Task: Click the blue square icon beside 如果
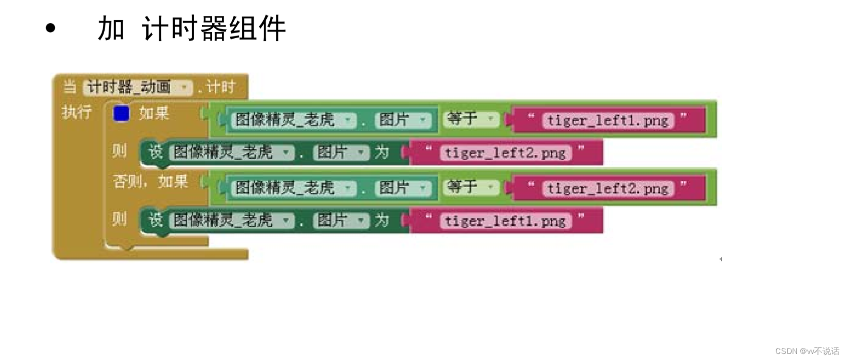pyautogui.click(x=121, y=113)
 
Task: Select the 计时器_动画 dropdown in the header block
pyautogui.click(x=138, y=87)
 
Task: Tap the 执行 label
pyautogui.click(x=77, y=112)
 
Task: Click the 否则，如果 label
pyautogui.click(x=150, y=181)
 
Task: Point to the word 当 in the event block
pyautogui.click(x=70, y=87)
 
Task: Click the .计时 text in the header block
pyautogui.click(x=216, y=87)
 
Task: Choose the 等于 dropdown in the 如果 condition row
pyautogui.click(x=471, y=119)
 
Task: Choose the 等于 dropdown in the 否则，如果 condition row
pyautogui.click(x=471, y=187)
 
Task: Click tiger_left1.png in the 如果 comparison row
pyautogui.click(x=608, y=120)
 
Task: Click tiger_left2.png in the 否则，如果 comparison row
pyautogui.click(x=608, y=188)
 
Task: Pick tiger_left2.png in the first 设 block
pyautogui.click(x=505, y=152)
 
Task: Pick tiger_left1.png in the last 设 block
pyautogui.click(x=505, y=221)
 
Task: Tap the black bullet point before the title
pyautogui.click(x=50, y=28)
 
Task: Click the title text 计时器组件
pyautogui.click(x=214, y=28)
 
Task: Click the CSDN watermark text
pyautogui.click(x=806, y=351)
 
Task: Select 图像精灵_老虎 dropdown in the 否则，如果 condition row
pyautogui.click(x=292, y=188)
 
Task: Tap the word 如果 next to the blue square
pyautogui.click(x=154, y=113)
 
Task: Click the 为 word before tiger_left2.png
pyautogui.click(x=382, y=152)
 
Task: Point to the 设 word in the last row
pyautogui.click(x=155, y=220)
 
